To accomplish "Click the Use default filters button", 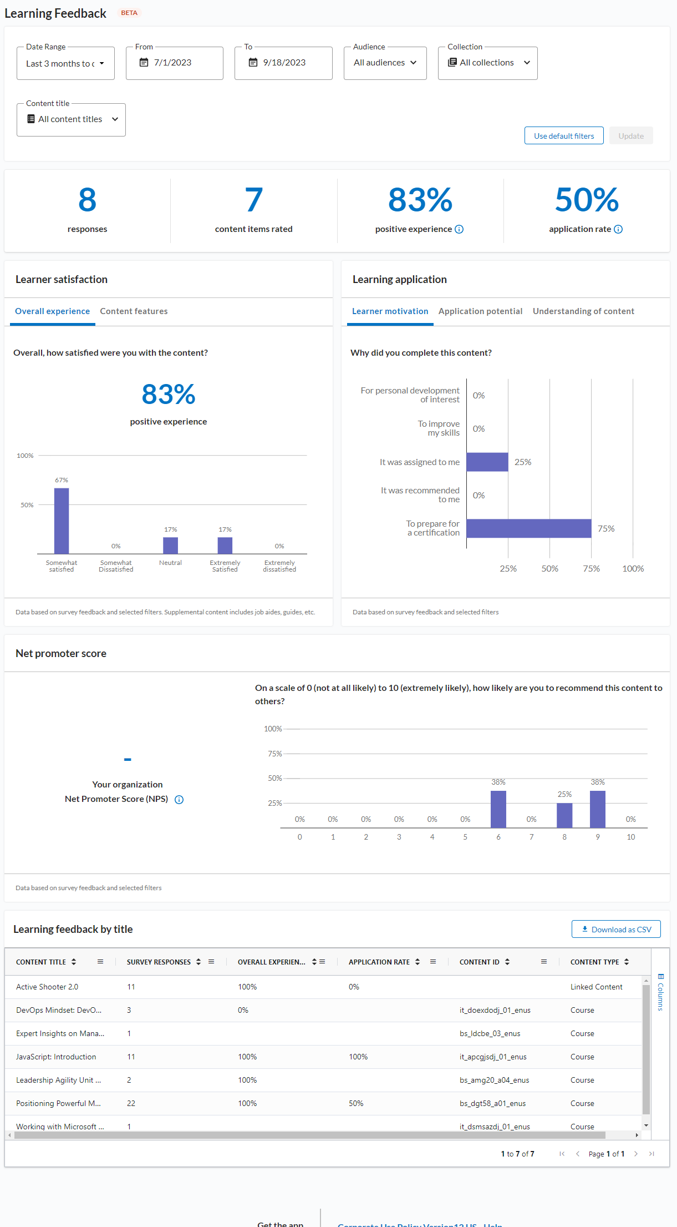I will point(564,136).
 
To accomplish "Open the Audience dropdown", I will point(385,63).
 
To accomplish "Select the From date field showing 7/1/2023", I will point(174,63).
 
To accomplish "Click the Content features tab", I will point(134,311).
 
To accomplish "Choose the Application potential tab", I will point(480,311).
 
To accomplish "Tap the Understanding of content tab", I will point(583,311).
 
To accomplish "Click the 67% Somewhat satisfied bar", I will point(62,521).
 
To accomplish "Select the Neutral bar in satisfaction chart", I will point(170,546).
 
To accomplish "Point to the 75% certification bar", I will point(528,528).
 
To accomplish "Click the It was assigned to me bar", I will point(487,462).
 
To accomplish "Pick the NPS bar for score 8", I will point(564,815).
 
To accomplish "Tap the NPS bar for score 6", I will point(498,809).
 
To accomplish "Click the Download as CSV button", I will point(616,930).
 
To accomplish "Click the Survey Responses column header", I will point(159,962).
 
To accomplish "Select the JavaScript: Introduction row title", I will point(56,1057).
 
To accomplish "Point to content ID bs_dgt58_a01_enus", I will point(492,1103).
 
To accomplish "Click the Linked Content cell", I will point(596,987).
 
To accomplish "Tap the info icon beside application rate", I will point(618,229).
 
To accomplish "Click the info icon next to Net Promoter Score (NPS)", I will point(179,800).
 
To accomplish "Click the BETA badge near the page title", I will point(129,13).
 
